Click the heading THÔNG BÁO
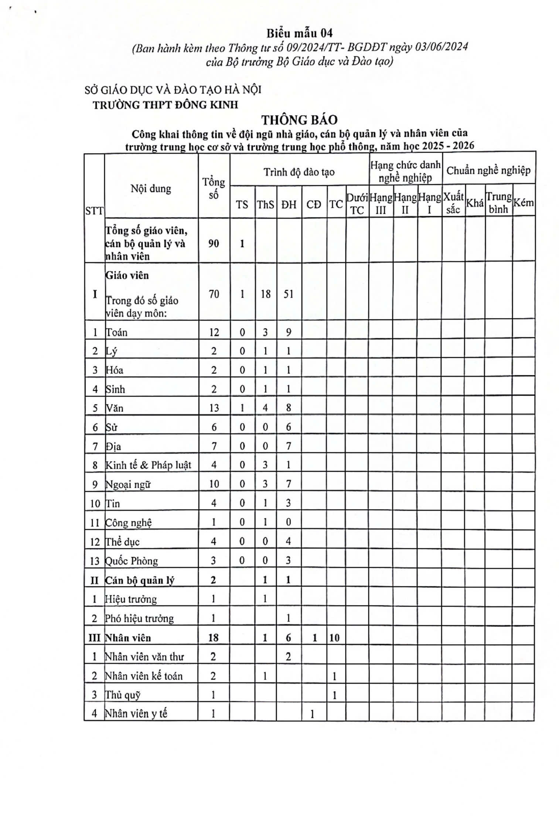tap(299, 120)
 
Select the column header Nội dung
tap(151, 189)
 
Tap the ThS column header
tap(265, 204)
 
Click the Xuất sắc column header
tap(453, 203)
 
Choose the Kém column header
tap(524, 203)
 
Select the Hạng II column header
tap(405, 204)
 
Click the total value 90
tap(214, 243)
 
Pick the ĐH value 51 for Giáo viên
tap(289, 294)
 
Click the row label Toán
tap(117, 332)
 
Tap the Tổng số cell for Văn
tap(214, 408)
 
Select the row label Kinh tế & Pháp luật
tap(148, 465)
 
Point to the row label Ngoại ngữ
tap(128, 484)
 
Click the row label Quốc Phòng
tap(132, 561)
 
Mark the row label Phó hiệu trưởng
tap(139, 618)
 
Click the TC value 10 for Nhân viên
tap(334, 637)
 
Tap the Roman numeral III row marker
tap(94, 637)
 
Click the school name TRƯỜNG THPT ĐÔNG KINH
tap(165, 105)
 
